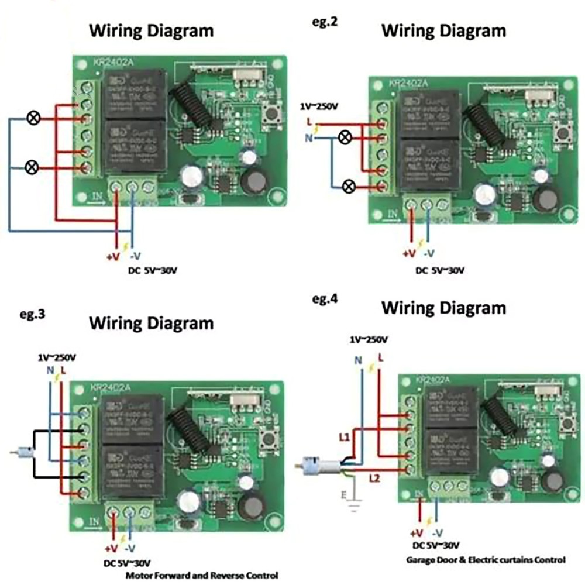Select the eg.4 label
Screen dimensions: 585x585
click(x=325, y=299)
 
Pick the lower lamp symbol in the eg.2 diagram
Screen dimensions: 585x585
click(x=349, y=187)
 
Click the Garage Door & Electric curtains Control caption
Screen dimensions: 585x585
click(x=486, y=559)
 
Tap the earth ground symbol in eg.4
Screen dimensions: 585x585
click(x=353, y=500)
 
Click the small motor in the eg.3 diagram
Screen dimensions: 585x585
click(x=25, y=451)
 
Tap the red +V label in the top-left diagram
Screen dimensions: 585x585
click(x=113, y=257)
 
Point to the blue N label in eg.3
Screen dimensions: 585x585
click(x=50, y=370)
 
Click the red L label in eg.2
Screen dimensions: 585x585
click(x=308, y=122)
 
